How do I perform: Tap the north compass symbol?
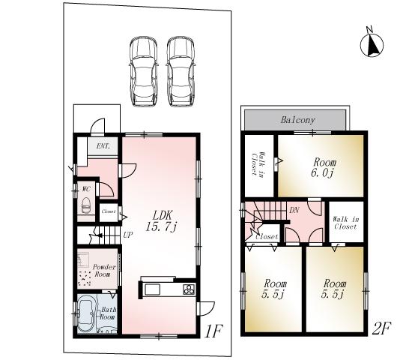coord(371,43)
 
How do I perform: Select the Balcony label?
coord(297,120)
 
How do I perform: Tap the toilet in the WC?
coord(85,204)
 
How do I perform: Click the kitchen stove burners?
coord(187,289)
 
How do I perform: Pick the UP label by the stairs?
coord(128,234)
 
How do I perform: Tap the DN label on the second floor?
coord(294,210)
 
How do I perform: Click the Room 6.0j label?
coord(324,167)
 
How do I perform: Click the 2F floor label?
coord(382,327)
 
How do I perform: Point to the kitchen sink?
coord(151,289)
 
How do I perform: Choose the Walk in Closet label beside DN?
coord(345,222)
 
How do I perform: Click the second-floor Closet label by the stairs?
coord(267,237)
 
